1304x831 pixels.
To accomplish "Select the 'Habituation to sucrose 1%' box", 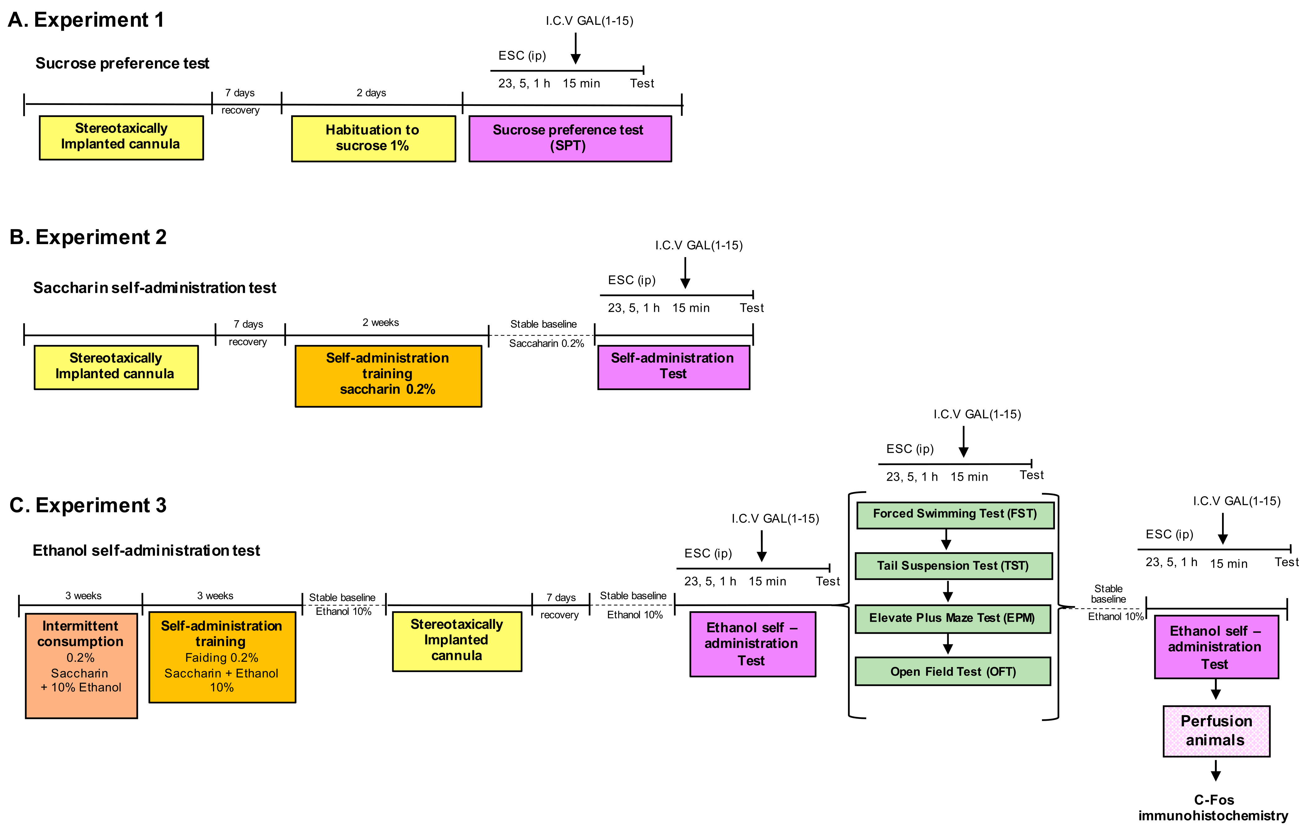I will (x=373, y=138).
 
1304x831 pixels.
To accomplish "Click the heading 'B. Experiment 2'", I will (x=88, y=237).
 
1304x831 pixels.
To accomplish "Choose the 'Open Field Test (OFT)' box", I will (x=953, y=671).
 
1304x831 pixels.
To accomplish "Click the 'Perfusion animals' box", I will (x=1216, y=730).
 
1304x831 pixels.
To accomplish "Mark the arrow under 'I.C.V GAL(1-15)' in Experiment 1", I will (x=576, y=49).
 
